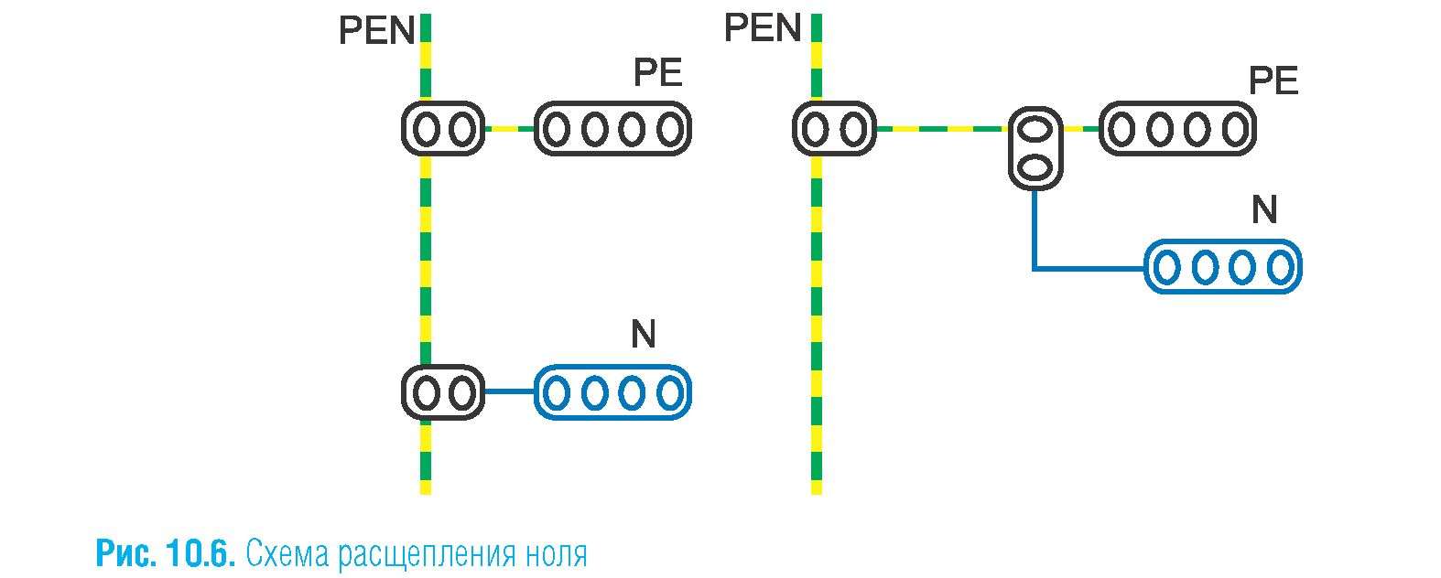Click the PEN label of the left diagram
point(376,32)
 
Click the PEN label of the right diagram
point(762,29)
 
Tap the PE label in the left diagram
point(657,73)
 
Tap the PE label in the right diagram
point(1273,82)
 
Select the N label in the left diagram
point(643,336)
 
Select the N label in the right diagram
point(1263,211)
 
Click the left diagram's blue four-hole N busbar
point(612,393)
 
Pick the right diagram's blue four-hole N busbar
point(1223,267)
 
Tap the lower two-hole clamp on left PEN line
point(442,393)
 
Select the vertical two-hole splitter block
point(1035,148)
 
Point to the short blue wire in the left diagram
point(508,393)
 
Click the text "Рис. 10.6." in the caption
point(166,554)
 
